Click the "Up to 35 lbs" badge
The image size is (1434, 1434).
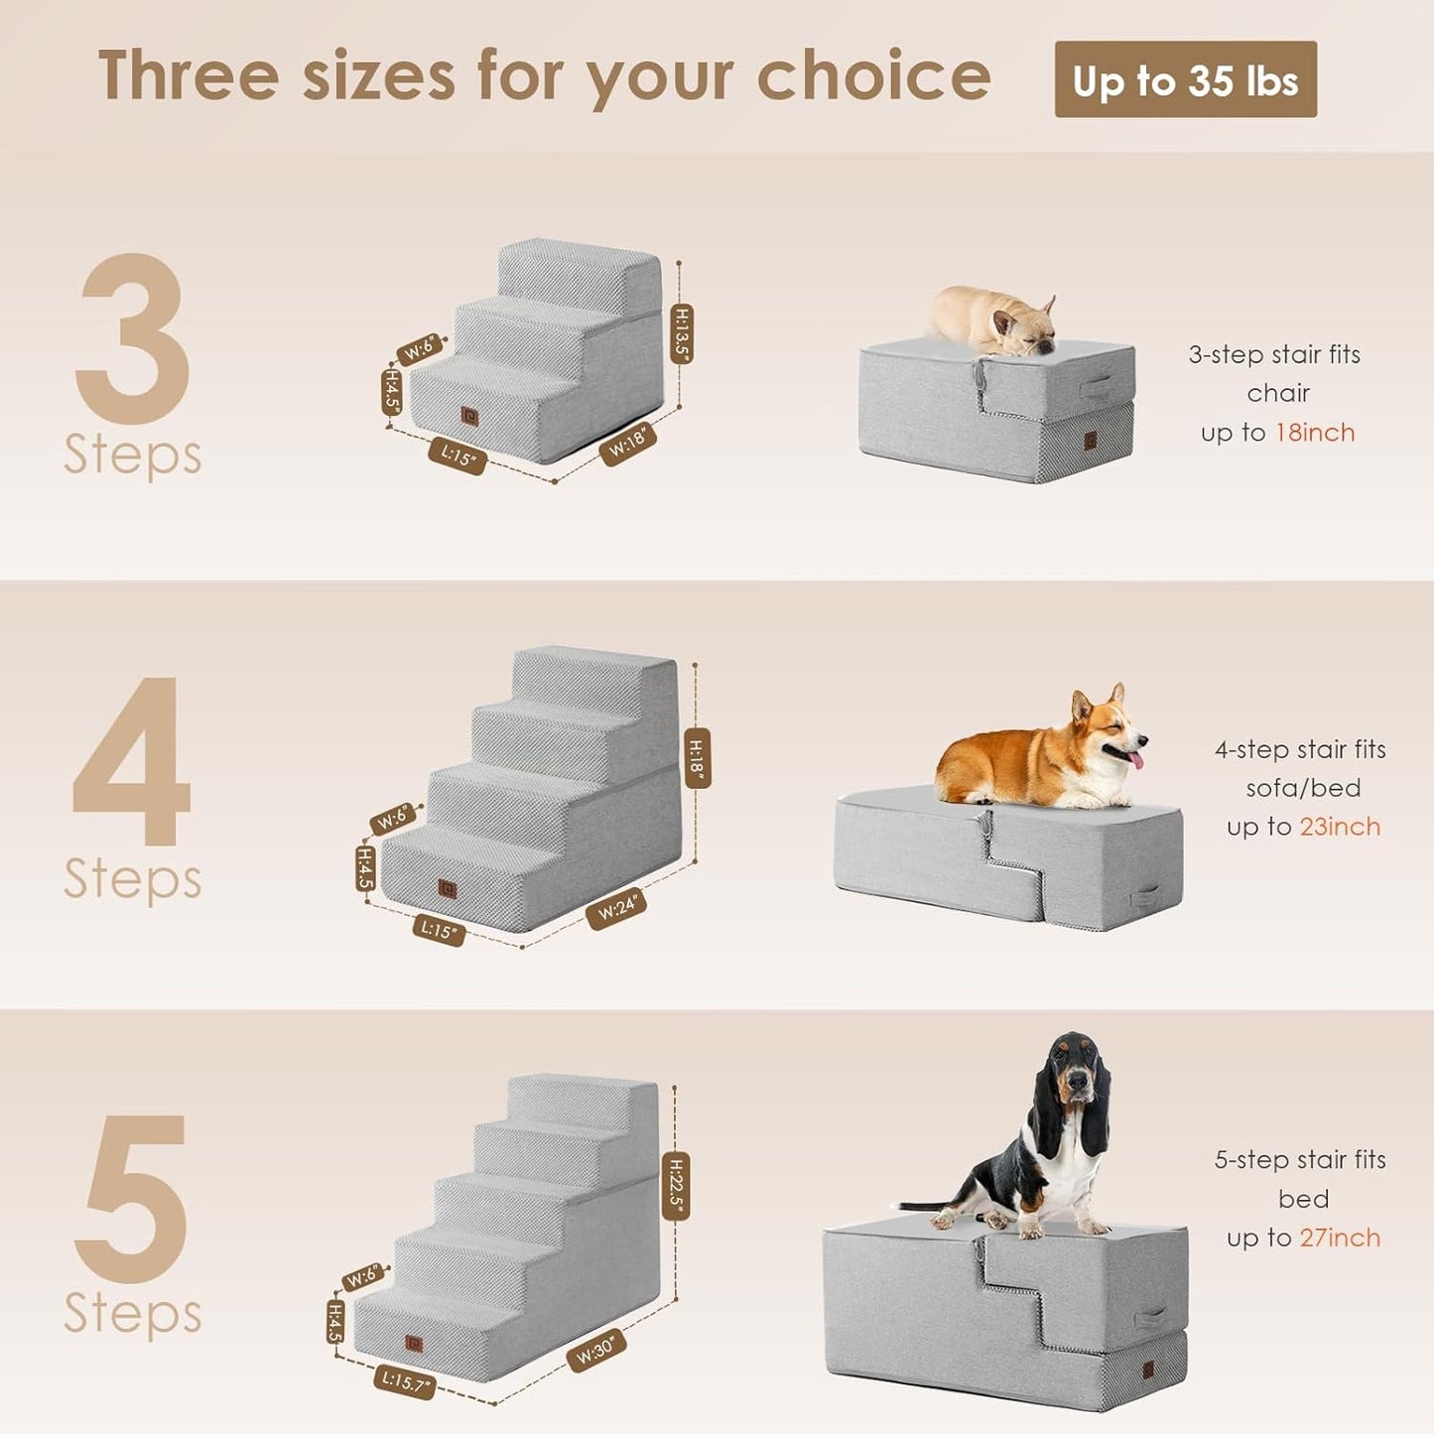pyautogui.click(x=1185, y=79)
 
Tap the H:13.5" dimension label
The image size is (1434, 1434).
pyautogui.click(x=681, y=333)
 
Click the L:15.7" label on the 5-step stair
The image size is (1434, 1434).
pyautogui.click(x=404, y=1380)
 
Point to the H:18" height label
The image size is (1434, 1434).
pyautogui.click(x=697, y=756)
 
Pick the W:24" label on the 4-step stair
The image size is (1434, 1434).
pyautogui.click(x=616, y=909)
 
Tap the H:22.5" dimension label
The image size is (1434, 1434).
pyautogui.click(x=676, y=1186)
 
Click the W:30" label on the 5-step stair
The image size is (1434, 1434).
pyautogui.click(x=595, y=1351)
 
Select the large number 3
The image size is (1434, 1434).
pyautogui.click(x=132, y=339)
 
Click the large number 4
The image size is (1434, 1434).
pyautogui.click(x=132, y=762)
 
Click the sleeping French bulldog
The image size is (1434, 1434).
pyautogui.click(x=992, y=320)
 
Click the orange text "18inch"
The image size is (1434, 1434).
pyautogui.click(x=1315, y=433)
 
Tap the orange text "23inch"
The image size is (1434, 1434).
pyautogui.click(x=1340, y=827)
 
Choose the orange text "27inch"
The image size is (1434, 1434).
pyautogui.click(x=1340, y=1238)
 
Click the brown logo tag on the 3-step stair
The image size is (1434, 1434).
pyautogui.click(x=469, y=417)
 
